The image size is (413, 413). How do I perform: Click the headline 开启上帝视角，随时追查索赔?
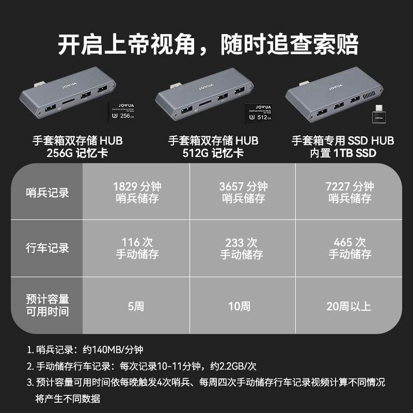pyautogui.click(x=207, y=44)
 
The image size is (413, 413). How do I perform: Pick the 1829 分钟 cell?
pyautogui.click(x=136, y=192)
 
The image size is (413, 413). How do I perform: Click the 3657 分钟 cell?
pyautogui.click(x=243, y=192)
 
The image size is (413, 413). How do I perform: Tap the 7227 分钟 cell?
pyautogui.click(x=350, y=192)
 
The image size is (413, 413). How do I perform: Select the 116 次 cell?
pyautogui.click(x=136, y=248)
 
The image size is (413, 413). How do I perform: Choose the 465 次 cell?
pyautogui.click(x=350, y=248)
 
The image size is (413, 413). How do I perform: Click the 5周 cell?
pyautogui.click(x=136, y=306)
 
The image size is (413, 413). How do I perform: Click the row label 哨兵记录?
pyautogui.click(x=47, y=193)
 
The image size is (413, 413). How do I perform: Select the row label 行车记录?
pyautogui.click(x=47, y=248)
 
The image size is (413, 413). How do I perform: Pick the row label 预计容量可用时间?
pyautogui.click(x=47, y=306)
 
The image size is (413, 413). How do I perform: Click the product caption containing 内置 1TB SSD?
pyautogui.click(x=343, y=147)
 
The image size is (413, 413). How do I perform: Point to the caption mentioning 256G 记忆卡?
pyautogui.click(x=78, y=147)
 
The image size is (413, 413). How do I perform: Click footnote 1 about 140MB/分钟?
pyautogui.click(x=85, y=350)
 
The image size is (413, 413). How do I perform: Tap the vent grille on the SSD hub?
pyautogui.click(x=368, y=97)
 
